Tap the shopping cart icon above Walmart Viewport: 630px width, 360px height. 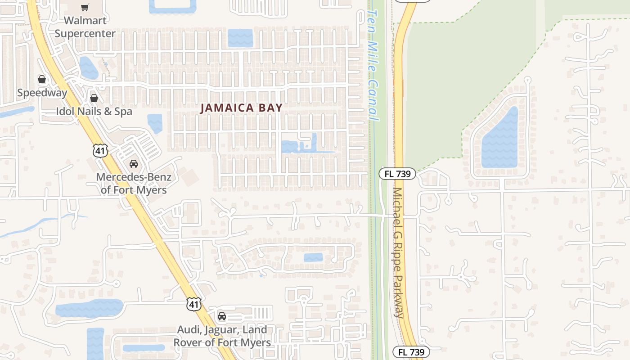(x=85, y=7)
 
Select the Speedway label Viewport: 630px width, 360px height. (x=42, y=93)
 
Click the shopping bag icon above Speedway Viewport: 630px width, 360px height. (x=42, y=80)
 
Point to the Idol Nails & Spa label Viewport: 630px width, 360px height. (x=94, y=111)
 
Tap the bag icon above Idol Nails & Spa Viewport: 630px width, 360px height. (x=94, y=98)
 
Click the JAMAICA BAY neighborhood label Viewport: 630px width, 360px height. (x=241, y=108)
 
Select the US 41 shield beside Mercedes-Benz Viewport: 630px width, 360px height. (x=100, y=150)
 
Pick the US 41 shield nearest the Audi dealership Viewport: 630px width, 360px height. (x=194, y=304)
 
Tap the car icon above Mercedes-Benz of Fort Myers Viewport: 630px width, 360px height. (x=133, y=164)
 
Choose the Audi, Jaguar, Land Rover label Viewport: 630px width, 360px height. (x=222, y=336)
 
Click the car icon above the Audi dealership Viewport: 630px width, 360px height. (x=222, y=316)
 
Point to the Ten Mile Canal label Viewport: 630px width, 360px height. (x=373, y=63)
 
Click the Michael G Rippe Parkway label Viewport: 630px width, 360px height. (x=398, y=252)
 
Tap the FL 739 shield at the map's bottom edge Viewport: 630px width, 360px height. (x=411, y=352)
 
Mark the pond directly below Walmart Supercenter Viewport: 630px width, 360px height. (x=89, y=67)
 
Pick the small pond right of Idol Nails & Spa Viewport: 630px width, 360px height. (x=155, y=123)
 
